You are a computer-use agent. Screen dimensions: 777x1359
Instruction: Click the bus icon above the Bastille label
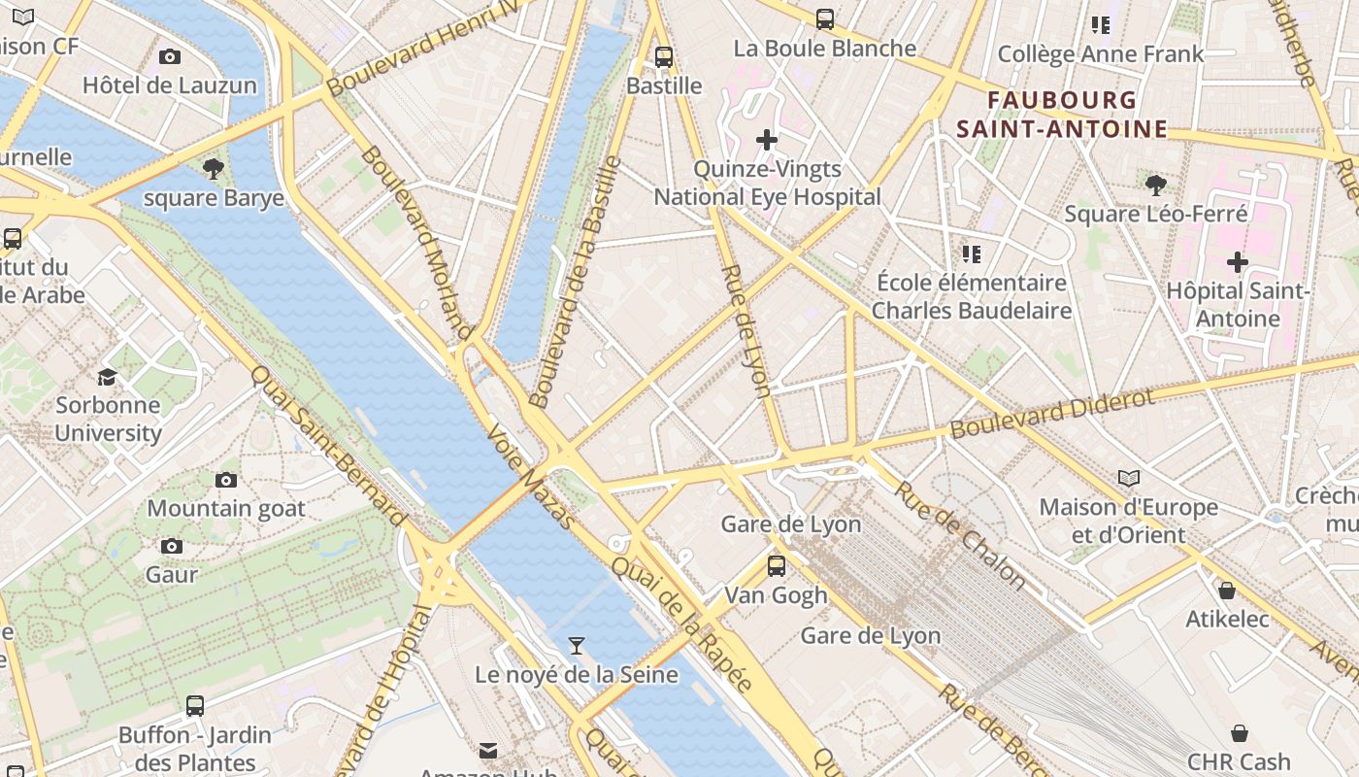point(664,57)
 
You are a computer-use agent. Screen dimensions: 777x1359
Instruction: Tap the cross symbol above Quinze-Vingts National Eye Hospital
point(767,140)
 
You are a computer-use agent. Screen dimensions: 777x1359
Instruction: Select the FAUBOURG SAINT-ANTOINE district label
point(1062,115)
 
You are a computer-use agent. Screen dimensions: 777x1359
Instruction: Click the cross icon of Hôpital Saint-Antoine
point(1237,262)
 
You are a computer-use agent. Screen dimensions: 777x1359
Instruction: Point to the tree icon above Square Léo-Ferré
point(1155,185)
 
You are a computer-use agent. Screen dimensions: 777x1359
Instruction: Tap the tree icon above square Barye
point(214,170)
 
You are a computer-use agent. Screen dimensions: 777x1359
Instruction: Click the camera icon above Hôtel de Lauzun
point(170,57)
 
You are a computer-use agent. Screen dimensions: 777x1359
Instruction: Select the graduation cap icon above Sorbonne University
point(107,376)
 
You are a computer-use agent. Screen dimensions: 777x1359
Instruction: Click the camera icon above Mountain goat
point(226,480)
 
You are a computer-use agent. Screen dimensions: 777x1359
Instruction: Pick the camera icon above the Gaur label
point(172,546)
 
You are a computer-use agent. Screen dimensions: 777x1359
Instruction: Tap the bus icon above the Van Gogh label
point(776,566)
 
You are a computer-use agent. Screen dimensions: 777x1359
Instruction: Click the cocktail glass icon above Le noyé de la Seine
point(577,646)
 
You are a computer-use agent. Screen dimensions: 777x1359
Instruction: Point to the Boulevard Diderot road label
point(1052,414)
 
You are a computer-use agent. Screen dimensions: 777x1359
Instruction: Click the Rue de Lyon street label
point(746,330)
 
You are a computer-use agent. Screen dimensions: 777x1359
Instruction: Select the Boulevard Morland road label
point(415,243)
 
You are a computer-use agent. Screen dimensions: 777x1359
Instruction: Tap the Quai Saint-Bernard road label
point(327,446)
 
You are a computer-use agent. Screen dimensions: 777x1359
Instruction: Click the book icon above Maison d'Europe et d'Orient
point(1128,478)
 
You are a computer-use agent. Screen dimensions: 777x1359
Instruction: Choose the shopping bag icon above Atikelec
point(1227,591)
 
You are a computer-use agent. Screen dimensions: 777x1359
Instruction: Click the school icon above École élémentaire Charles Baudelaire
point(971,254)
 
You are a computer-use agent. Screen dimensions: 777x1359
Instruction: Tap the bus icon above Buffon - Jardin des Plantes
point(195,706)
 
